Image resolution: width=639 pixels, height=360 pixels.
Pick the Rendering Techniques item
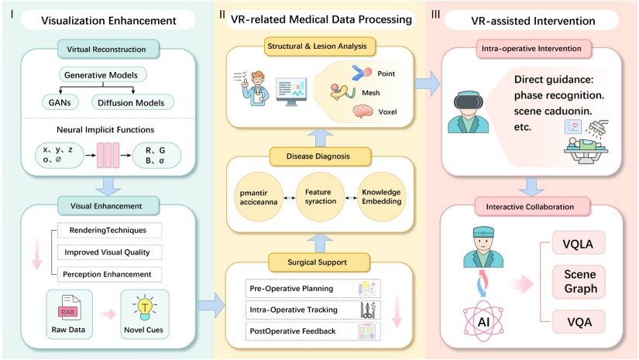click(x=111, y=230)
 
